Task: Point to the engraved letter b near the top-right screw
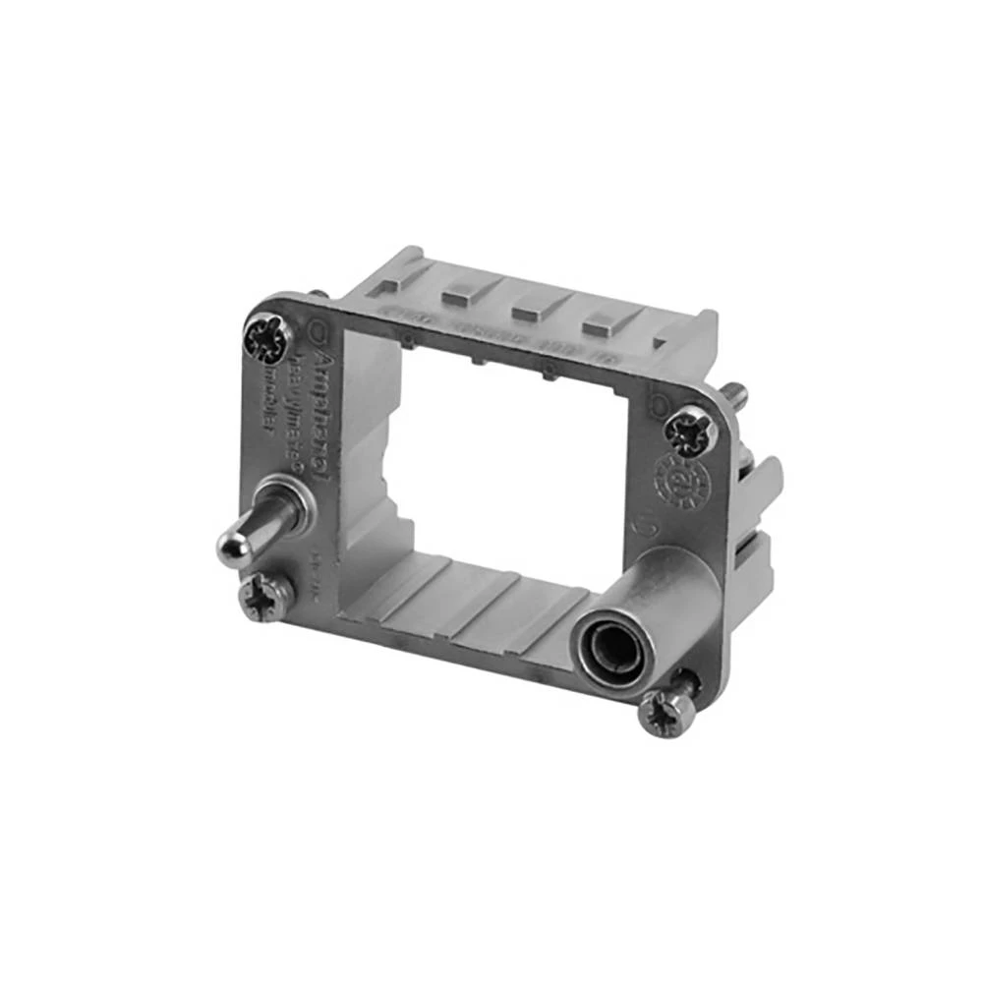click(x=659, y=404)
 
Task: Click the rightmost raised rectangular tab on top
click(x=601, y=323)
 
